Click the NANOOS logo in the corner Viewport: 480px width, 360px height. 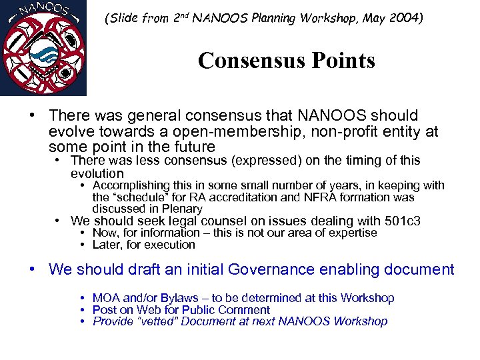[43, 48]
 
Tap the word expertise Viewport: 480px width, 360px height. [351, 233]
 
